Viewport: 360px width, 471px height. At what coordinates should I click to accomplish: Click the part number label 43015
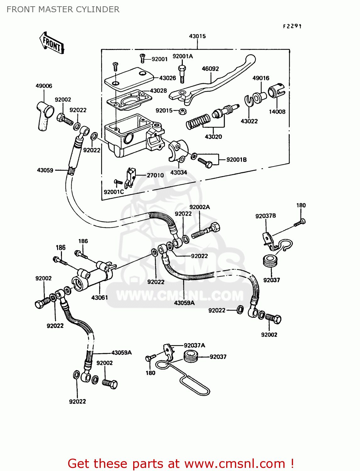(x=197, y=36)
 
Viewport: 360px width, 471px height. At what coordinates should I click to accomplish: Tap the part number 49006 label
(x=44, y=86)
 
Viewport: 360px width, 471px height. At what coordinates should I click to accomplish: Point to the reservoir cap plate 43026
(x=128, y=77)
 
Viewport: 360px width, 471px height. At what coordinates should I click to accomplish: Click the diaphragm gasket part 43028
(x=129, y=100)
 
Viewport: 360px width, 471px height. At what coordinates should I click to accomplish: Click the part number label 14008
(x=277, y=111)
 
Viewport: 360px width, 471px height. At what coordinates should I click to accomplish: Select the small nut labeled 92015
(x=182, y=111)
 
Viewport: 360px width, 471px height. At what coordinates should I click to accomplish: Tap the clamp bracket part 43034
(x=178, y=150)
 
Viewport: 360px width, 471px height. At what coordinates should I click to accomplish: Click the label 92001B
(x=237, y=160)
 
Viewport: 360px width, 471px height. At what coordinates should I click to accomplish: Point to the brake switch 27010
(x=130, y=178)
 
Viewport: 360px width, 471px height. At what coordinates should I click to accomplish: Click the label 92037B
(x=265, y=216)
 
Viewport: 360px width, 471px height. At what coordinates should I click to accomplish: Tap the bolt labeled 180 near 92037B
(x=300, y=223)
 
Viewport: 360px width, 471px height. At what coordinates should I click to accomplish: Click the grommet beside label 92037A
(x=190, y=356)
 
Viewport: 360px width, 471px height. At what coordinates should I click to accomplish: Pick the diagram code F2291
(x=292, y=26)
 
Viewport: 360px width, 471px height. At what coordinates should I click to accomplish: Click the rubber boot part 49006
(x=44, y=115)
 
